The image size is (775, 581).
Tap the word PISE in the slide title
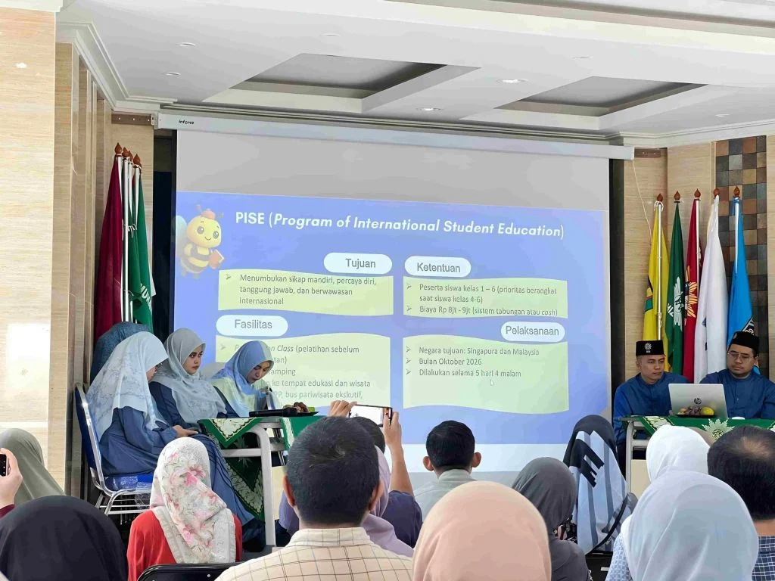coord(251,218)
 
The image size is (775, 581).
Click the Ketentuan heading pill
coord(437,266)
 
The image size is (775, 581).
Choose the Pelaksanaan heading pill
coord(533,331)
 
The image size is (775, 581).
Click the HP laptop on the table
coord(698,399)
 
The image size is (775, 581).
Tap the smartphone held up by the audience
coord(370,414)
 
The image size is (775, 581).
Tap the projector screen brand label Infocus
coord(185,120)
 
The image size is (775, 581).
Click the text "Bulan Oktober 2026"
coord(445,362)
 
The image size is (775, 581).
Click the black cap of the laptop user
coord(649,347)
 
